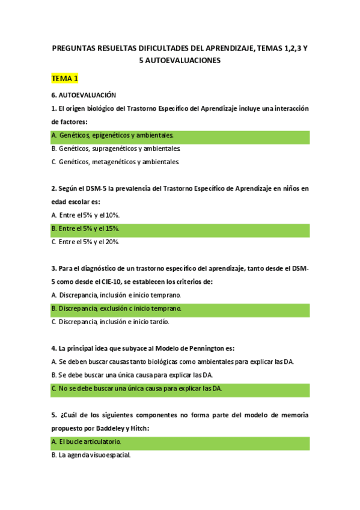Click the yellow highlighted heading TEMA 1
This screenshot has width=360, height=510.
[65, 79]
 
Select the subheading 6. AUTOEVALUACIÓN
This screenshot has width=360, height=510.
[84, 95]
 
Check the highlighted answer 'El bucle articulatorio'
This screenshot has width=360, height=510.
[90, 441]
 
